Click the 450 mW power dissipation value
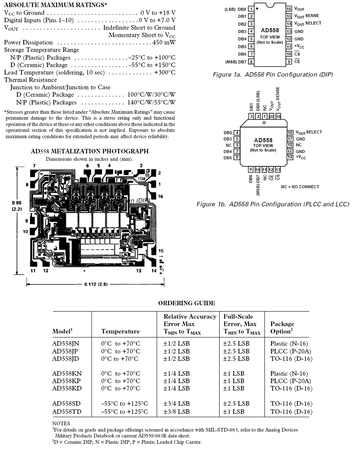(164, 42)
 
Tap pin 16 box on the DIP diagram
(289, 8)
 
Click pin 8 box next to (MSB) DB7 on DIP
(251, 62)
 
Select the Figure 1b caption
(273, 204)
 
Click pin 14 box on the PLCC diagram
(290, 157)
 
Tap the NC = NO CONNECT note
(300, 187)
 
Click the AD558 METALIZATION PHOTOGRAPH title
(90, 151)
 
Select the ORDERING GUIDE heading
(186, 303)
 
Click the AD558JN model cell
(67, 344)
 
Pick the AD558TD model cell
(67, 412)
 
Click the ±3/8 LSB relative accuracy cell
(177, 412)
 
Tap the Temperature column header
(121, 331)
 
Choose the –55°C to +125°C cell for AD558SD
(125, 404)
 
